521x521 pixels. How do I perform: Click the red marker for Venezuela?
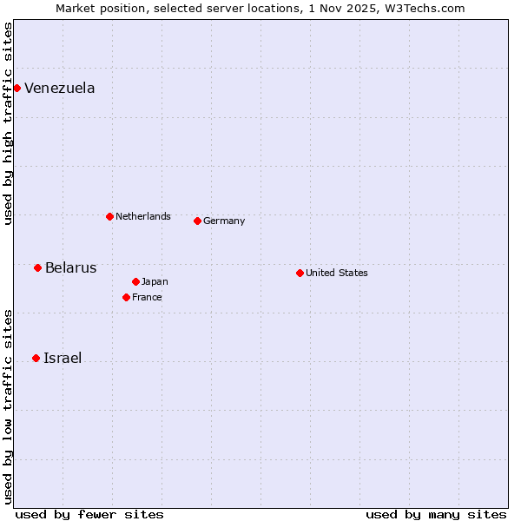tap(16, 88)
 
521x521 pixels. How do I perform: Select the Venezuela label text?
tap(59, 88)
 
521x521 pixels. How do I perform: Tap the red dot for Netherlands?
tap(109, 216)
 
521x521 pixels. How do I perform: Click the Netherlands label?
tap(142, 216)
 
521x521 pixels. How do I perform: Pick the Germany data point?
tap(197, 221)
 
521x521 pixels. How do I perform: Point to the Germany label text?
tap(224, 221)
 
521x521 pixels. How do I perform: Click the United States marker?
tap(300, 273)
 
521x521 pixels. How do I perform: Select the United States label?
tap(336, 273)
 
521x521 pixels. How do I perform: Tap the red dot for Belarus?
tap(37, 267)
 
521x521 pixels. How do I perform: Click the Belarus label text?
tap(70, 267)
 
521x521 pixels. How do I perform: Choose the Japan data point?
tap(135, 281)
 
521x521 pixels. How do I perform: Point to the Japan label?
tap(155, 281)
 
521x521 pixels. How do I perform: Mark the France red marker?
tap(126, 297)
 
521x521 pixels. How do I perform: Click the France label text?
tap(147, 297)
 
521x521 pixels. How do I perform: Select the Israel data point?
tap(36, 358)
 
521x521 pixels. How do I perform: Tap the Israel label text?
tap(63, 358)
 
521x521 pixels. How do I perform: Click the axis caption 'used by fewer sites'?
tap(89, 514)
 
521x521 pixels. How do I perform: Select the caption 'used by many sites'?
tap(436, 514)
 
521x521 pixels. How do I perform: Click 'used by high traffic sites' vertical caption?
tap(8, 123)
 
